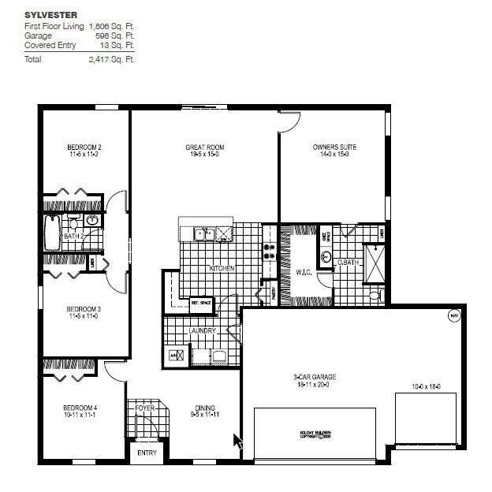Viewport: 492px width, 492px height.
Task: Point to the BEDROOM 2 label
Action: (x=84, y=147)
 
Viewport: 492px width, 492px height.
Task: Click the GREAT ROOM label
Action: (x=204, y=147)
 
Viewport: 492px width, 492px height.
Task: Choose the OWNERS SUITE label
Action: (x=330, y=147)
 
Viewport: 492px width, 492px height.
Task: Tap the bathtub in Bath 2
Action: (x=52, y=234)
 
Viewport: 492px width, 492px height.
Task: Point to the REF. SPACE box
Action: (x=201, y=301)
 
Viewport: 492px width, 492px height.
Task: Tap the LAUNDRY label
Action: (x=203, y=330)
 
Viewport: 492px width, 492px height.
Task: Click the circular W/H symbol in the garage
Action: (x=453, y=316)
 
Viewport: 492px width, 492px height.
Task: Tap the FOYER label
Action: (x=144, y=408)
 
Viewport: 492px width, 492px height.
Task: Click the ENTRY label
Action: (x=147, y=453)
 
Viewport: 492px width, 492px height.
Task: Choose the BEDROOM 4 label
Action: (x=80, y=408)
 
